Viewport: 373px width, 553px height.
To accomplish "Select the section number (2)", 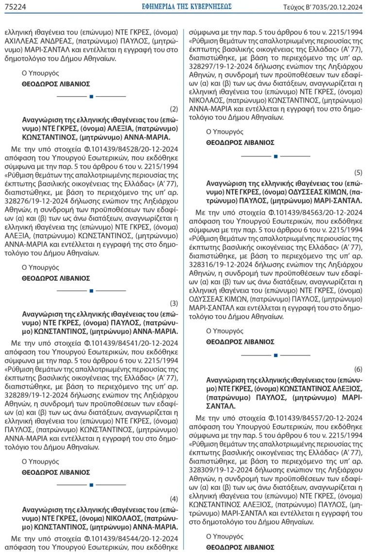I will coord(174,109).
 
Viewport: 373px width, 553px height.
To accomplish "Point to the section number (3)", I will coord(174,303).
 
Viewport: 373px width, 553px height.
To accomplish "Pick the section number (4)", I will coord(174,499).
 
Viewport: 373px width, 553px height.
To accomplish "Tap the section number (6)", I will coord(358,369).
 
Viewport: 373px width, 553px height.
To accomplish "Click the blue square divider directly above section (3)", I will coord(91,291).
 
